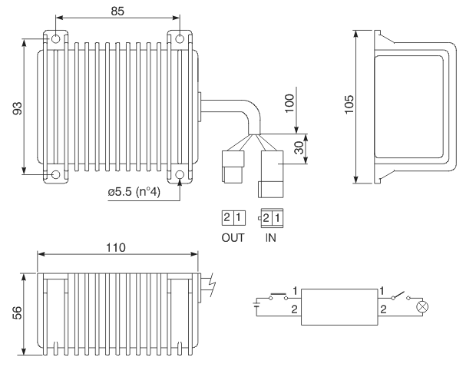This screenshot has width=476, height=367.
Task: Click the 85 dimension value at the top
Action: click(117, 11)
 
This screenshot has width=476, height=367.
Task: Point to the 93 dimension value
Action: click(18, 108)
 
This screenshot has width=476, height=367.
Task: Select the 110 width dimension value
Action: click(116, 247)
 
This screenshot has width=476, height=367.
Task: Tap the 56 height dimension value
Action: click(18, 312)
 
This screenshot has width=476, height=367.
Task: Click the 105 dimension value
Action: click(349, 104)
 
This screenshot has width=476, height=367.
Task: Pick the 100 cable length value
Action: click(289, 103)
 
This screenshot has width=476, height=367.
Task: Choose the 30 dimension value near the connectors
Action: click(299, 148)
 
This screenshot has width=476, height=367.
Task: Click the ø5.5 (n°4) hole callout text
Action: click(134, 192)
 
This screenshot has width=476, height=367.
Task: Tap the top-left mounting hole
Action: click(55, 39)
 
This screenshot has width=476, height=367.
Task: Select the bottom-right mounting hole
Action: click(180, 174)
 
